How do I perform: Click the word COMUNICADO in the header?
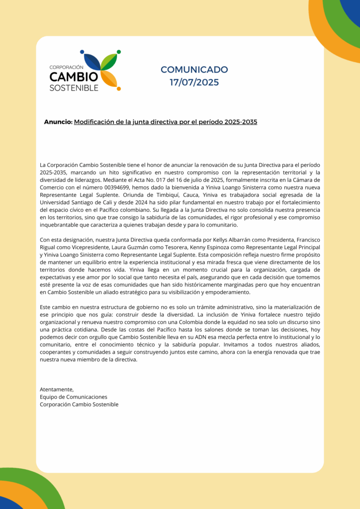(194, 70)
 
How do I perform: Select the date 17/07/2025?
(194, 83)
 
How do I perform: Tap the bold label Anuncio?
(58, 122)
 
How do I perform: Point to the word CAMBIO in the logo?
(74, 77)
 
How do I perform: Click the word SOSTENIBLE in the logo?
(74, 88)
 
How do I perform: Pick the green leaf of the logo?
(109, 61)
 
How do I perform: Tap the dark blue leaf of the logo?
(92, 62)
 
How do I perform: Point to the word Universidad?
(54, 202)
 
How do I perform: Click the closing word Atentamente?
(57, 389)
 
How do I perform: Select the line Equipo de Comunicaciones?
(73, 397)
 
